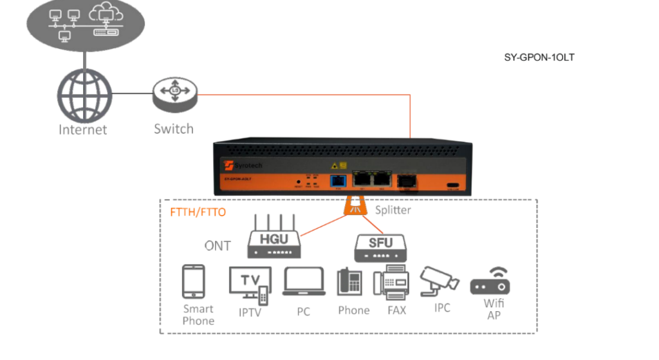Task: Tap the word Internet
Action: tap(83, 129)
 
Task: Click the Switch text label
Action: tap(174, 129)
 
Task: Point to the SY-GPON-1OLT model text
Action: tap(539, 57)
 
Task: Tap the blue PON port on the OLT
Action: tap(338, 182)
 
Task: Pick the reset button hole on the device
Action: tap(299, 183)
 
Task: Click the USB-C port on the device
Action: tap(454, 186)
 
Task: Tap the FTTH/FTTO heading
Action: tap(198, 211)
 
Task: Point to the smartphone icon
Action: tap(194, 281)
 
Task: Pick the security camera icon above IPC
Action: tap(440, 281)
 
